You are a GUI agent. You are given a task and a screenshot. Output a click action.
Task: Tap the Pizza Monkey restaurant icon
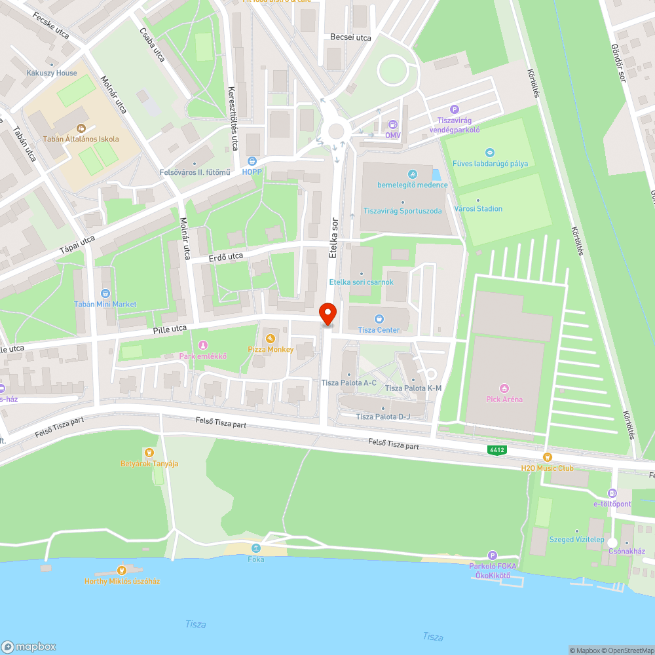coord(271,338)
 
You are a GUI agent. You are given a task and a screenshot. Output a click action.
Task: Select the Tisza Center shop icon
coord(379,318)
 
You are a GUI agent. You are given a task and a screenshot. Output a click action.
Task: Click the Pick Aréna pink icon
coord(504,388)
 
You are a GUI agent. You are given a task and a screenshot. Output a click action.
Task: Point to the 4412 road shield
coord(496,450)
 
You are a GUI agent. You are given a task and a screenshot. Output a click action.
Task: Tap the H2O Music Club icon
coord(547,457)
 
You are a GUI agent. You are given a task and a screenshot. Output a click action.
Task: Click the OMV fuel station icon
coord(392,124)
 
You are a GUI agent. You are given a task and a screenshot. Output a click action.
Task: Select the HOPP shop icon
coord(252,160)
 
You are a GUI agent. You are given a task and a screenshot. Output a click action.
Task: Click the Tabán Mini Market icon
coord(105,293)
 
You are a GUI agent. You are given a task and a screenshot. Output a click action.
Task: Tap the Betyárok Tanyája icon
coord(149,452)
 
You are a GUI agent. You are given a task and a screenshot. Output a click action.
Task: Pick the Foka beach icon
coord(255,548)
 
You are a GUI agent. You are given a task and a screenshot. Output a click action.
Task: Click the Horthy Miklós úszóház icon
coord(121,570)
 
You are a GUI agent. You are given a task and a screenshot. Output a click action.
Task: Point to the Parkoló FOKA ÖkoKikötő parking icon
coord(493,555)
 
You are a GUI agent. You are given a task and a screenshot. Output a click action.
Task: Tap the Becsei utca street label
coord(350,38)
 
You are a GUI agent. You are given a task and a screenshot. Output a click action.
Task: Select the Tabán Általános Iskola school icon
coord(81,128)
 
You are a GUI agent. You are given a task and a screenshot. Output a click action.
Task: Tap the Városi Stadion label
coord(479,208)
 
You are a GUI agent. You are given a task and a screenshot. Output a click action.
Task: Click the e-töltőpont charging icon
coord(612,493)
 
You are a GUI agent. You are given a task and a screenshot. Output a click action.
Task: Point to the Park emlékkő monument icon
coord(203,345)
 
